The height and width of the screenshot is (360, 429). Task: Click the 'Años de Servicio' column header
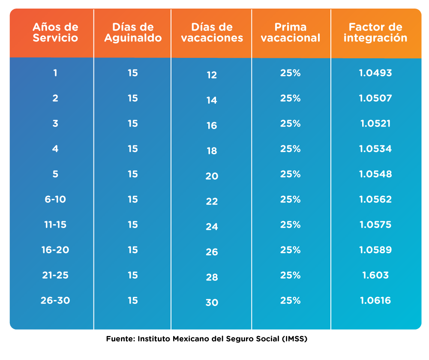click(x=55, y=33)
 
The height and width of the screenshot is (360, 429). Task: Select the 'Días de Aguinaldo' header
click(x=132, y=33)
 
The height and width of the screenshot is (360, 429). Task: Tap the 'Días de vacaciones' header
click(x=212, y=33)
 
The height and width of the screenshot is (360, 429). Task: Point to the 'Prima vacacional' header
click(x=291, y=33)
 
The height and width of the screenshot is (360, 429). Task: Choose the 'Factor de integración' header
click(x=375, y=33)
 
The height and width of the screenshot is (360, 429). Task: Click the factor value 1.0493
click(x=375, y=73)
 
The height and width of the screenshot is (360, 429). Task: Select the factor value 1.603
click(x=375, y=275)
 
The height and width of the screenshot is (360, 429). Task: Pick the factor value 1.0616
click(x=375, y=300)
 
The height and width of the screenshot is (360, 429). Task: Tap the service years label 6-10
click(x=55, y=199)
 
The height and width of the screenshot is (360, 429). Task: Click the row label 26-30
click(x=55, y=300)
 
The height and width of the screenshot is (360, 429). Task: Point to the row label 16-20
click(x=55, y=250)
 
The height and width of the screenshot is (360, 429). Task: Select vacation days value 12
click(x=212, y=75)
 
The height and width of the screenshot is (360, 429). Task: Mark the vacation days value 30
click(x=212, y=303)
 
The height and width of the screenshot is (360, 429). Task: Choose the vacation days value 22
click(x=212, y=201)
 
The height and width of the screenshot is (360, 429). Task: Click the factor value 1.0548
click(x=375, y=174)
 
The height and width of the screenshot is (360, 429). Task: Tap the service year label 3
click(x=55, y=123)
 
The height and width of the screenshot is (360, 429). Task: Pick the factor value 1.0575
click(x=375, y=225)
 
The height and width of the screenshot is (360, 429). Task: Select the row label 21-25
click(x=55, y=275)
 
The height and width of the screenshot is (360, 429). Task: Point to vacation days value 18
click(x=212, y=151)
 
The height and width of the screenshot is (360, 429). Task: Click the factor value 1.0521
click(x=375, y=123)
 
